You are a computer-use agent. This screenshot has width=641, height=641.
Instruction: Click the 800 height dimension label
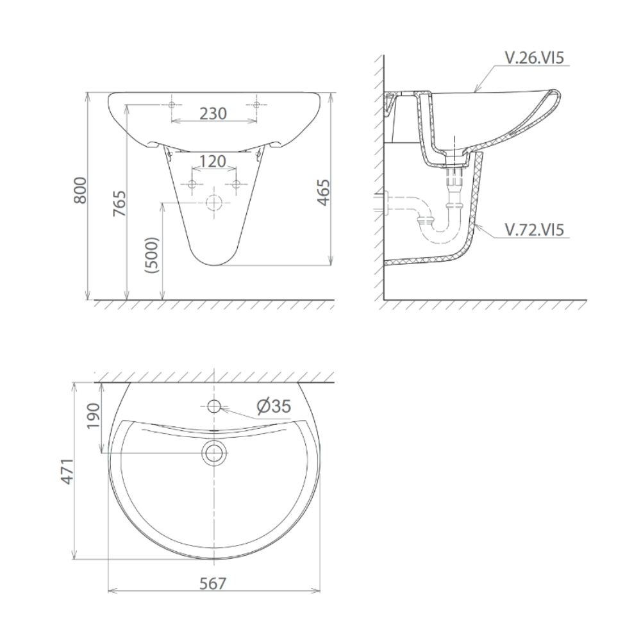(x=81, y=190)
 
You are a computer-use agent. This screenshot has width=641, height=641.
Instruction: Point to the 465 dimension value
(x=324, y=192)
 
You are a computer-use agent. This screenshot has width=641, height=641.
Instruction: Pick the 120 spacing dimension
(x=213, y=162)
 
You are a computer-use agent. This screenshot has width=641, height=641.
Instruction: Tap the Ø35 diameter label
(x=274, y=406)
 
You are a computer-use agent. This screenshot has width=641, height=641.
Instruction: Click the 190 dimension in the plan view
(x=93, y=417)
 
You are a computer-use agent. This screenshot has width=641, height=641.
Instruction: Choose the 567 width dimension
(x=213, y=584)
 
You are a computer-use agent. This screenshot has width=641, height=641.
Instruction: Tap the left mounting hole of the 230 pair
(x=172, y=104)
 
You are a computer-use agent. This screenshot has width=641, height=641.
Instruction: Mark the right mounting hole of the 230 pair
(x=256, y=104)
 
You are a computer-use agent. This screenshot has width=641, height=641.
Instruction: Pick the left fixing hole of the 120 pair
(x=192, y=184)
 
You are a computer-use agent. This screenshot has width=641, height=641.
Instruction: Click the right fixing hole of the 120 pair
(x=236, y=184)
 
